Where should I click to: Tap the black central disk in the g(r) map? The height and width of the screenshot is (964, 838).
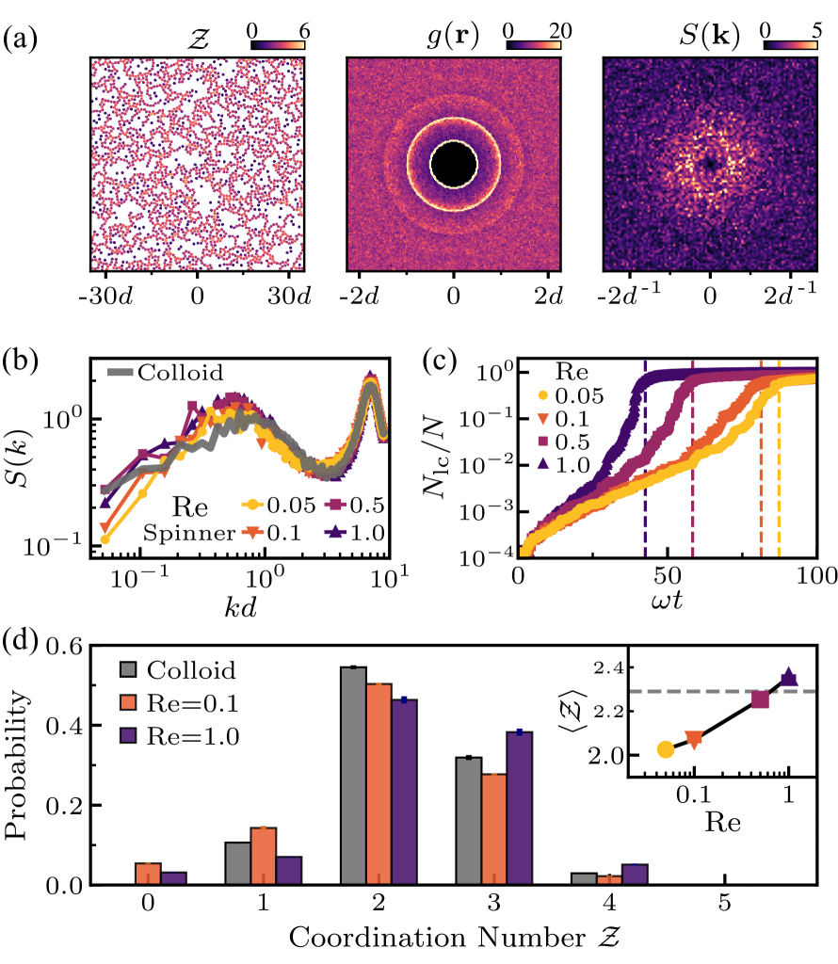tap(454, 162)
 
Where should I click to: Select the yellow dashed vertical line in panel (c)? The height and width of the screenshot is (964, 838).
tap(779, 471)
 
